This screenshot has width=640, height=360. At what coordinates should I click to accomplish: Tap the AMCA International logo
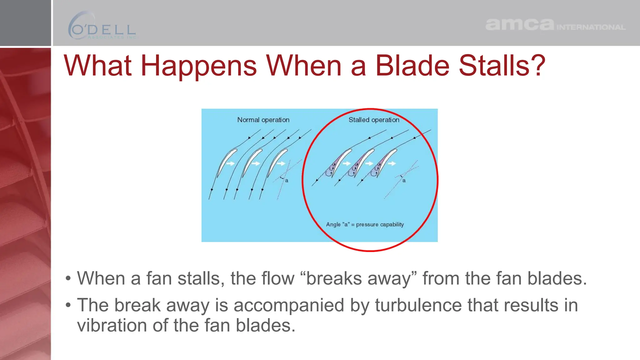click(555, 25)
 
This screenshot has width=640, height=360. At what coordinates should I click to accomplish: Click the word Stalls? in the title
click(502, 66)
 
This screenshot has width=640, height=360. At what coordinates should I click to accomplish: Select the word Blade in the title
click(412, 66)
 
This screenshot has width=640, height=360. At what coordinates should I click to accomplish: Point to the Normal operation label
click(263, 120)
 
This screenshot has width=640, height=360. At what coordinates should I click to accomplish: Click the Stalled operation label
click(374, 120)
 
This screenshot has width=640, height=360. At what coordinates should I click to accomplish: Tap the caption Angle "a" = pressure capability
click(365, 224)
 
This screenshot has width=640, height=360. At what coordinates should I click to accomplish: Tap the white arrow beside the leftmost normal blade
click(231, 163)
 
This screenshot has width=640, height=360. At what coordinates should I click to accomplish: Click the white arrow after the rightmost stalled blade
click(392, 163)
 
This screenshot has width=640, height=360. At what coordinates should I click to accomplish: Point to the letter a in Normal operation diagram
click(287, 181)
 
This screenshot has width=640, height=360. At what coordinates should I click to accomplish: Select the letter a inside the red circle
click(404, 181)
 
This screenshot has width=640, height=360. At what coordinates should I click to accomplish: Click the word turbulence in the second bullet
click(418, 305)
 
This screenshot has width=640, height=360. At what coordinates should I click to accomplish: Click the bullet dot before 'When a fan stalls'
click(68, 279)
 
